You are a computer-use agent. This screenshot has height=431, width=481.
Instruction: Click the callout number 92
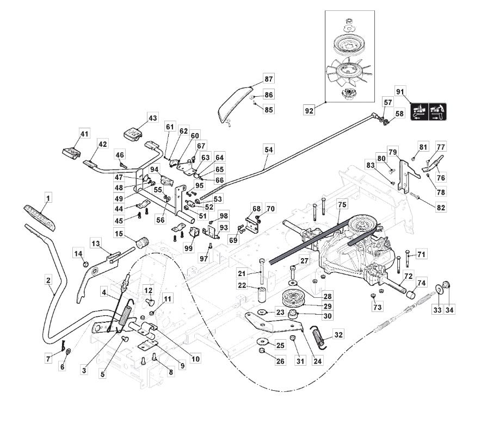pyautogui.click(x=310, y=111)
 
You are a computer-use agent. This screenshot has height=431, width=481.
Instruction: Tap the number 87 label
pyautogui.click(x=268, y=78)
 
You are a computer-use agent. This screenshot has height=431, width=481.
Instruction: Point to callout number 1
pyautogui.click(x=48, y=199)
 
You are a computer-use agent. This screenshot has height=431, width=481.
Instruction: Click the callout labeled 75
pyautogui.click(x=341, y=205)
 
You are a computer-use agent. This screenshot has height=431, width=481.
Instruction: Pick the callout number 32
pyautogui.click(x=338, y=334)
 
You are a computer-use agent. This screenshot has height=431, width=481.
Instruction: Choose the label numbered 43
pyautogui.click(x=152, y=118)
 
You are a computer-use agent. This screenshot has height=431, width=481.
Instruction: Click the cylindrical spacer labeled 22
pyautogui.click(x=263, y=296)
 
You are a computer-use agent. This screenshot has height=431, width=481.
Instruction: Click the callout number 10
pyautogui.click(x=195, y=359)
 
